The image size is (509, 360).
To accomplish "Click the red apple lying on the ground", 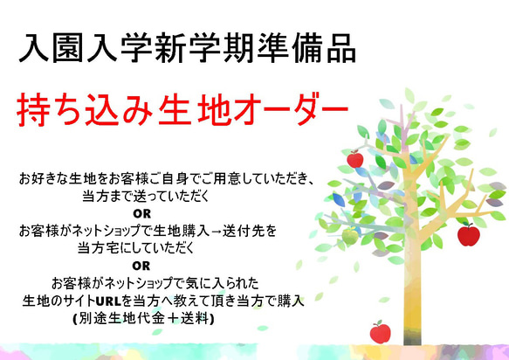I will [381, 332].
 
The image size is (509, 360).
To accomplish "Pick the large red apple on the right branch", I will [468, 234].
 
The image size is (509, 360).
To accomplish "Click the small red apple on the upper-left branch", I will [354, 159].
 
